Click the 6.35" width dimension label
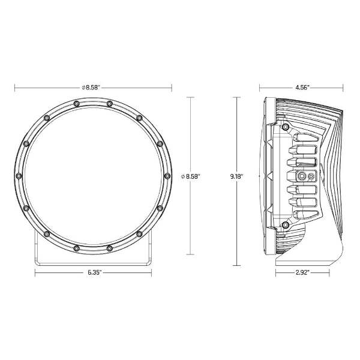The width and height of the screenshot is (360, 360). coord(94,272)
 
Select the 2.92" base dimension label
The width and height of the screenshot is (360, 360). coord(302,272)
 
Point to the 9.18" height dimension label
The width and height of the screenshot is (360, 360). coord(237,176)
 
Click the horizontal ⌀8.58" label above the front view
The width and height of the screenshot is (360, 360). coord(91,88)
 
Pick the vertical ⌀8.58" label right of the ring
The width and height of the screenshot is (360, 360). coord(191,176)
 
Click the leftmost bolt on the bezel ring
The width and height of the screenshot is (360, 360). coord(19,176)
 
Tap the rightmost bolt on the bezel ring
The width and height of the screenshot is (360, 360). coord(167,176)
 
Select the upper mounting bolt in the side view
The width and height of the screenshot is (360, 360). coord(286,127)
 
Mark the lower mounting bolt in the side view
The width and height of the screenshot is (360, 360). coord(286,225)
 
